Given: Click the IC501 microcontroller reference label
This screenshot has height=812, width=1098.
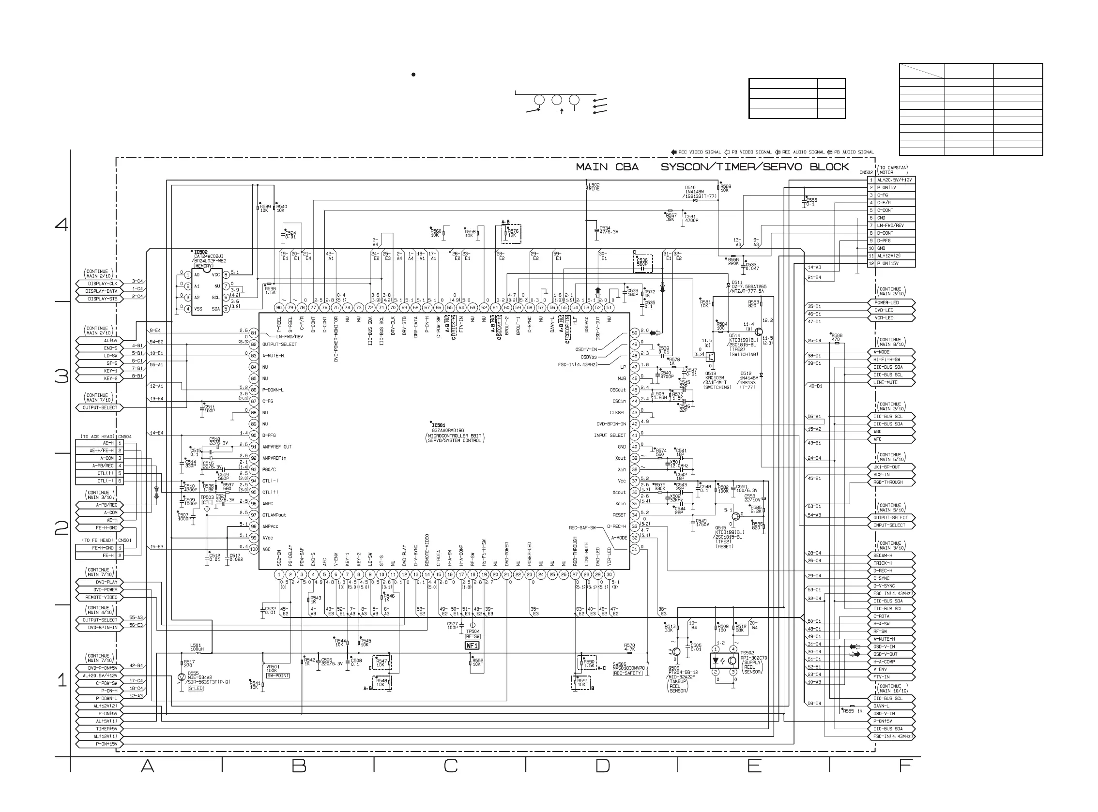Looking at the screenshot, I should pyautogui.click(x=439, y=425).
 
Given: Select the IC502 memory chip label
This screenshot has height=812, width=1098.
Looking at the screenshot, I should pyautogui.click(x=200, y=252).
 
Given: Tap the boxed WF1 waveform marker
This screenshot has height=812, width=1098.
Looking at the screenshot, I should pyautogui.click(x=472, y=646).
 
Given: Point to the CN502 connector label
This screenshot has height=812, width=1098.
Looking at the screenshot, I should pyautogui.click(x=866, y=173).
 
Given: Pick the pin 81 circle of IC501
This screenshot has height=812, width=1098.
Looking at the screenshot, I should pyautogui.click(x=254, y=333).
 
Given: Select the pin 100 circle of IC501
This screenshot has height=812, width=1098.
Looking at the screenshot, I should pyautogui.click(x=254, y=549).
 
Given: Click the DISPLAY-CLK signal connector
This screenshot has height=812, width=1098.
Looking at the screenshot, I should pyautogui.click(x=100, y=284).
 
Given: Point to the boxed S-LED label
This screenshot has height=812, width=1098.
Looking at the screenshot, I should pyautogui.click(x=196, y=689).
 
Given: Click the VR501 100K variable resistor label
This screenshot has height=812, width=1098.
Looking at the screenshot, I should pyautogui.click(x=272, y=668).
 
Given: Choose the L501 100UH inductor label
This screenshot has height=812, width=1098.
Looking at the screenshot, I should pyautogui.click(x=196, y=647).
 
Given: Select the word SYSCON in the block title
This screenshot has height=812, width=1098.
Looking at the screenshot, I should pyautogui.click(x=684, y=167).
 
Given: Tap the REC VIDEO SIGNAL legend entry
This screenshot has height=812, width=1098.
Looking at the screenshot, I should pyautogui.click(x=695, y=152).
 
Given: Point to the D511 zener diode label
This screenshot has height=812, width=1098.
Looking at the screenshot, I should pyautogui.click(x=736, y=283).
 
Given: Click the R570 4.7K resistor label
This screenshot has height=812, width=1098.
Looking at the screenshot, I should pyautogui.click(x=629, y=647).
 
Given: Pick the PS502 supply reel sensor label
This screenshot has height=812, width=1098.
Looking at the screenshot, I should pyautogui.click(x=747, y=653).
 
